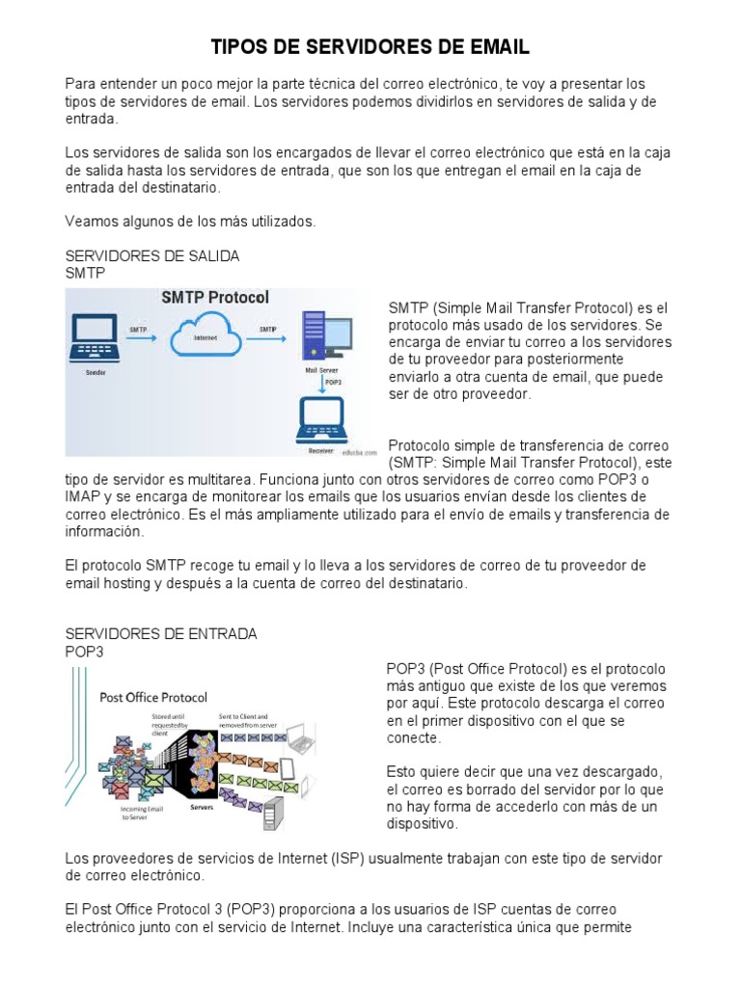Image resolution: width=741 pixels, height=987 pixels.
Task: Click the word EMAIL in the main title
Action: point(498,47)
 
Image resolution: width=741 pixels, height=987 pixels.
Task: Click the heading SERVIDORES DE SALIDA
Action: point(151,256)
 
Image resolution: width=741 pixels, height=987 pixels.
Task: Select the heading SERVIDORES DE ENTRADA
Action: point(160,633)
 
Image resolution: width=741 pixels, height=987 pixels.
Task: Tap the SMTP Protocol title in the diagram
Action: point(214,298)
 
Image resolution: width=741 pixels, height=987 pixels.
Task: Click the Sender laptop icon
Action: point(96,337)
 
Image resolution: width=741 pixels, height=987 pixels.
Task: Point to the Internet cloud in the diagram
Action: point(206,336)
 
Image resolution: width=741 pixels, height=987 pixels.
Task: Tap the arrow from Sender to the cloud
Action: point(144,339)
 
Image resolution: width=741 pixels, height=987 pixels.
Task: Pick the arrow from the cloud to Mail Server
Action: point(267,339)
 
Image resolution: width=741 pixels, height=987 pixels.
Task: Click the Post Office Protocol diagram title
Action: point(154,696)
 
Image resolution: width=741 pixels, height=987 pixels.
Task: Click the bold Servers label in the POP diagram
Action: point(202,806)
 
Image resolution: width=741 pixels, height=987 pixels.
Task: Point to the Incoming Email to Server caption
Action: point(143,814)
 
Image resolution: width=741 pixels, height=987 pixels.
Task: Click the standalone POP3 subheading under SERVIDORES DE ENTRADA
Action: point(84,651)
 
